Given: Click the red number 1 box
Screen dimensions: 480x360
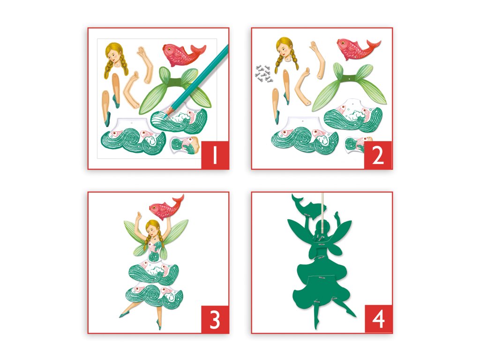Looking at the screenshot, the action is point(215,155).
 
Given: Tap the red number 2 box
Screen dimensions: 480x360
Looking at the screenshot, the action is point(378,155).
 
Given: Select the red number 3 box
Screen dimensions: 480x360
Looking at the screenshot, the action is point(215,319).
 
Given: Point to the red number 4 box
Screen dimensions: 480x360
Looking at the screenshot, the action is point(378,319).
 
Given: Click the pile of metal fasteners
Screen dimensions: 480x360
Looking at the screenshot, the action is point(263,74).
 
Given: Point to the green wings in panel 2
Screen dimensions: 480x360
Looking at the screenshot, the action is point(349,86).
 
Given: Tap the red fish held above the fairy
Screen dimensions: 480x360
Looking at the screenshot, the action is point(166,208).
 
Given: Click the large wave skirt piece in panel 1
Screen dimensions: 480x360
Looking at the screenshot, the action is point(133,136).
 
